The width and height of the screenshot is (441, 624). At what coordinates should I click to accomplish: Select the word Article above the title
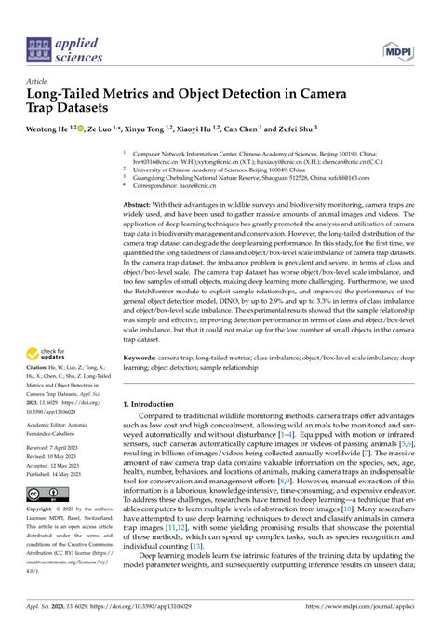(39, 81)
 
